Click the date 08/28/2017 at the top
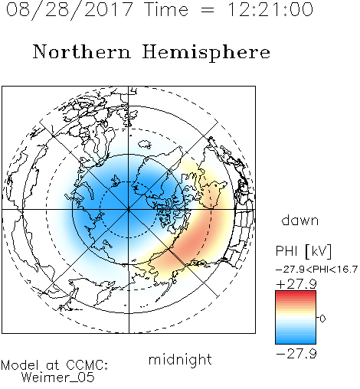pos(70,10)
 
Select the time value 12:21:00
pos(270,9)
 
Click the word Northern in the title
pos(82,51)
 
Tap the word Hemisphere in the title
pos(206,53)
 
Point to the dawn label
pos(300,220)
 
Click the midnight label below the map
pos(180,360)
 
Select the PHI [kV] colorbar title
pos(303,251)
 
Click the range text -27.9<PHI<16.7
pos(316,270)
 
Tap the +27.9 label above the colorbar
pos(296,284)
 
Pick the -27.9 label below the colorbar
pos(296,354)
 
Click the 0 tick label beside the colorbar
pos(322,319)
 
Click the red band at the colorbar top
pos(296,293)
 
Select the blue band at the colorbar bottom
pos(296,341)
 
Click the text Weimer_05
pos(58,378)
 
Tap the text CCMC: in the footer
pos(87,365)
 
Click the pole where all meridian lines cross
pos(129,210)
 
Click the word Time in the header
pos(166,9)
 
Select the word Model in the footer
pos(20,365)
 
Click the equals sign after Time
pos(208,10)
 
